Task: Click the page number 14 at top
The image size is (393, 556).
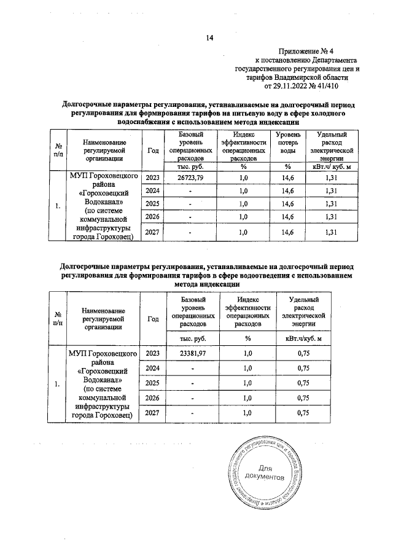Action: pyautogui.click(x=209, y=38)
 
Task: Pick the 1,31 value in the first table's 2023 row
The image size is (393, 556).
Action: pyautogui.click(x=331, y=178)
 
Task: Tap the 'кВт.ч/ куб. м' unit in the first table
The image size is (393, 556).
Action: pyautogui.click(x=331, y=166)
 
